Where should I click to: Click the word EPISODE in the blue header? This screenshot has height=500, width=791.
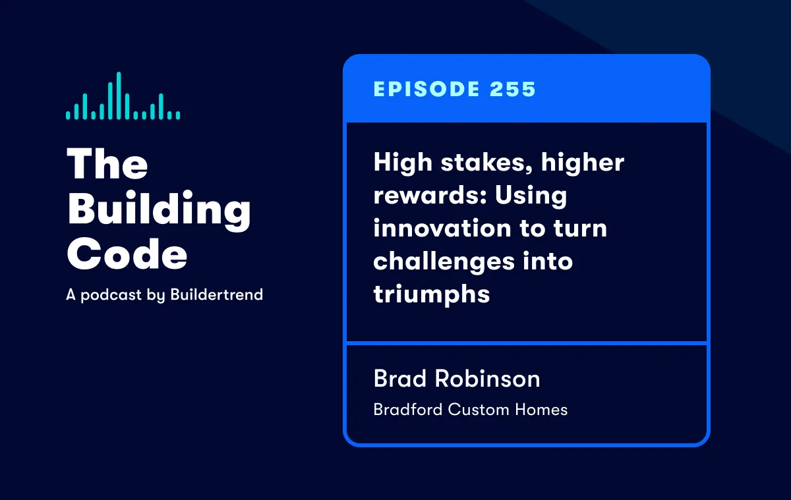[x=426, y=89]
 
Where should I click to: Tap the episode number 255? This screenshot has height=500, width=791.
[x=513, y=89]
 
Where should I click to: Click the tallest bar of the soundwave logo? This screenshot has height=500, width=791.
[x=119, y=96]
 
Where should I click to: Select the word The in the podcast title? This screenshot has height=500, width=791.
[x=107, y=163]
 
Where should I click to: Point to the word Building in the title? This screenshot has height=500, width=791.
[x=160, y=210]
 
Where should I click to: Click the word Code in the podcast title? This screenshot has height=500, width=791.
[x=127, y=254]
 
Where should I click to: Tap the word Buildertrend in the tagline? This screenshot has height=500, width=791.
[x=216, y=294]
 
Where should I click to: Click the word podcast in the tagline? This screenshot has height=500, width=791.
[x=111, y=295]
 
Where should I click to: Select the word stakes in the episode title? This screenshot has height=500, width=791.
[x=486, y=162]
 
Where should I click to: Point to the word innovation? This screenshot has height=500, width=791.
[x=442, y=227]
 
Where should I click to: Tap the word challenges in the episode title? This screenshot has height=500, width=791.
[x=444, y=262]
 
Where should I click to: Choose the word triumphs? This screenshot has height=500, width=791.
[x=432, y=294]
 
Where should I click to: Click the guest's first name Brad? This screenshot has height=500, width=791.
[x=400, y=378]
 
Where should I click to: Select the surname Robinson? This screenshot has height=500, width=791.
[x=487, y=378]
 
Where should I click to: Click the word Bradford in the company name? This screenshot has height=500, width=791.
[x=408, y=410]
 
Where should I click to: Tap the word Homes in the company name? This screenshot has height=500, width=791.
[x=541, y=410]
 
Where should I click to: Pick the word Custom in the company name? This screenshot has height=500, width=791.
[x=479, y=410]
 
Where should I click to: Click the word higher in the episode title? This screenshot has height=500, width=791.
[x=583, y=163]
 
